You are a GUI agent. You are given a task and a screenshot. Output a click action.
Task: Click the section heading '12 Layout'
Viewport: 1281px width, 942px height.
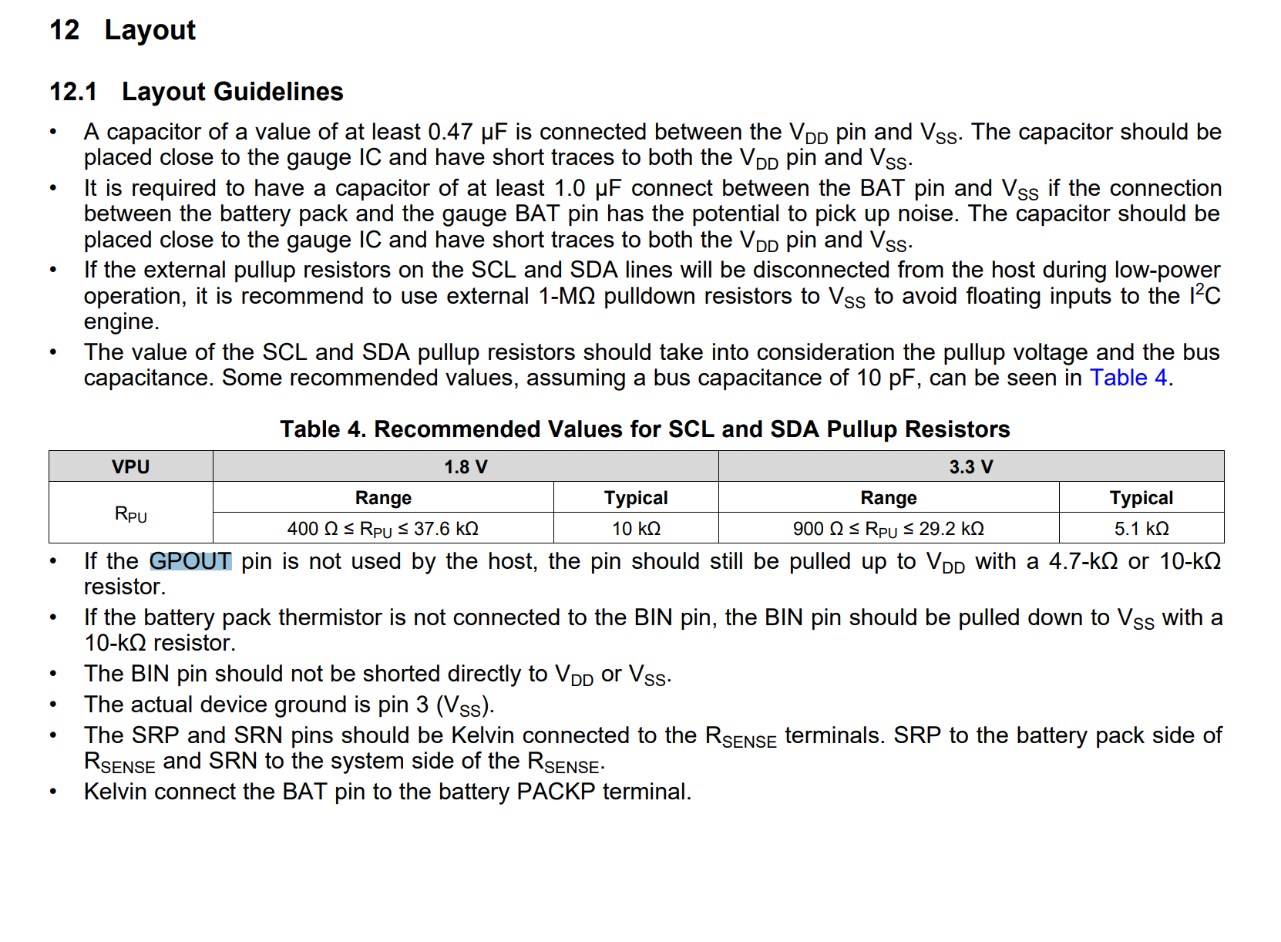tap(123, 30)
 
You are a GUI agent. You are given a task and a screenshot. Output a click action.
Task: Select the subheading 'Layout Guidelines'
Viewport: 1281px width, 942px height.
tap(232, 92)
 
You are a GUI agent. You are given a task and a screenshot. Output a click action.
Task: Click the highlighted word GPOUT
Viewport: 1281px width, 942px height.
tap(190, 561)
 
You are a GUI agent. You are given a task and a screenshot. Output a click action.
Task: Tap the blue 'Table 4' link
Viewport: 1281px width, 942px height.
tap(1128, 378)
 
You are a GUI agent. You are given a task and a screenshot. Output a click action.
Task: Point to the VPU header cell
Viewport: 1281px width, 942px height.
tap(130, 467)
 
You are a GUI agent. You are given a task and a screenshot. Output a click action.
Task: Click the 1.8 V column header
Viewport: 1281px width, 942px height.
tap(466, 467)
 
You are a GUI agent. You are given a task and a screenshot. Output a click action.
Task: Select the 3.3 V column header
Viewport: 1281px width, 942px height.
tap(970, 467)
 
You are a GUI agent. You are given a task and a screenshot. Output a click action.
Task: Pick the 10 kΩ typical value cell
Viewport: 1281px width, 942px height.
tap(636, 529)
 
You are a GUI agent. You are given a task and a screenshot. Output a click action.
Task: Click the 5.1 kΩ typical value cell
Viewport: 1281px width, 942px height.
tap(1141, 529)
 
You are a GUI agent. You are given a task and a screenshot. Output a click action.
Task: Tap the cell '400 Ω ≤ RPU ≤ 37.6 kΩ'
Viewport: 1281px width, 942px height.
tap(383, 529)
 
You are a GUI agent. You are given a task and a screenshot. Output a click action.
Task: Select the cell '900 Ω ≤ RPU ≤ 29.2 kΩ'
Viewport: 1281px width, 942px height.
tap(888, 529)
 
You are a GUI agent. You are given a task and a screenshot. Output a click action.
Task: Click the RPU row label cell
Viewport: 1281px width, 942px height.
tap(130, 514)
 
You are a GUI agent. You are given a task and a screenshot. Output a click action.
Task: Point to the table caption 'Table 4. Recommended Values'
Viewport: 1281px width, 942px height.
tap(644, 429)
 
